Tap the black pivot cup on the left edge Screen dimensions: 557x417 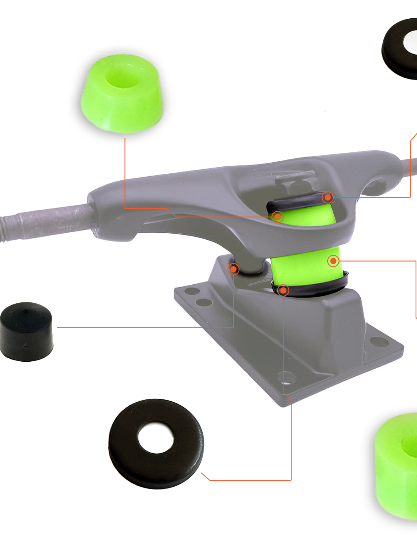(26, 332)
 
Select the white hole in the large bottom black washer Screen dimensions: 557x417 (155, 437)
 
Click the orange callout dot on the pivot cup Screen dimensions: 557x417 (233, 269)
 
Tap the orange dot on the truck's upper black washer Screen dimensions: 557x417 (328, 198)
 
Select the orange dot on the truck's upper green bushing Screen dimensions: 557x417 (278, 217)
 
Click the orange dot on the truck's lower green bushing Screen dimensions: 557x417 (333, 261)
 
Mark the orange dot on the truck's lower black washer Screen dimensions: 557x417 (283, 291)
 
